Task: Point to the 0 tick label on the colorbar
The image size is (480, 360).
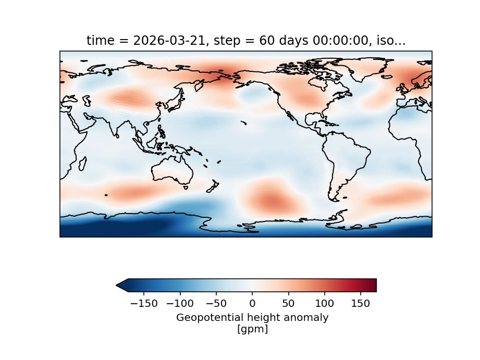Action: (252, 303)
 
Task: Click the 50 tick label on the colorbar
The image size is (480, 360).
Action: (288, 303)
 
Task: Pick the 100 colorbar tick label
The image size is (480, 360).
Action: (324, 303)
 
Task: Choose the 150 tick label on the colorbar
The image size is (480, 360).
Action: (361, 303)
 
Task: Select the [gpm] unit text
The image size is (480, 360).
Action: (252, 329)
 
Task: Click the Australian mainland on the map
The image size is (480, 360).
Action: (170, 170)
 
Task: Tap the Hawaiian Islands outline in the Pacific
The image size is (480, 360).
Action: (243, 123)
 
